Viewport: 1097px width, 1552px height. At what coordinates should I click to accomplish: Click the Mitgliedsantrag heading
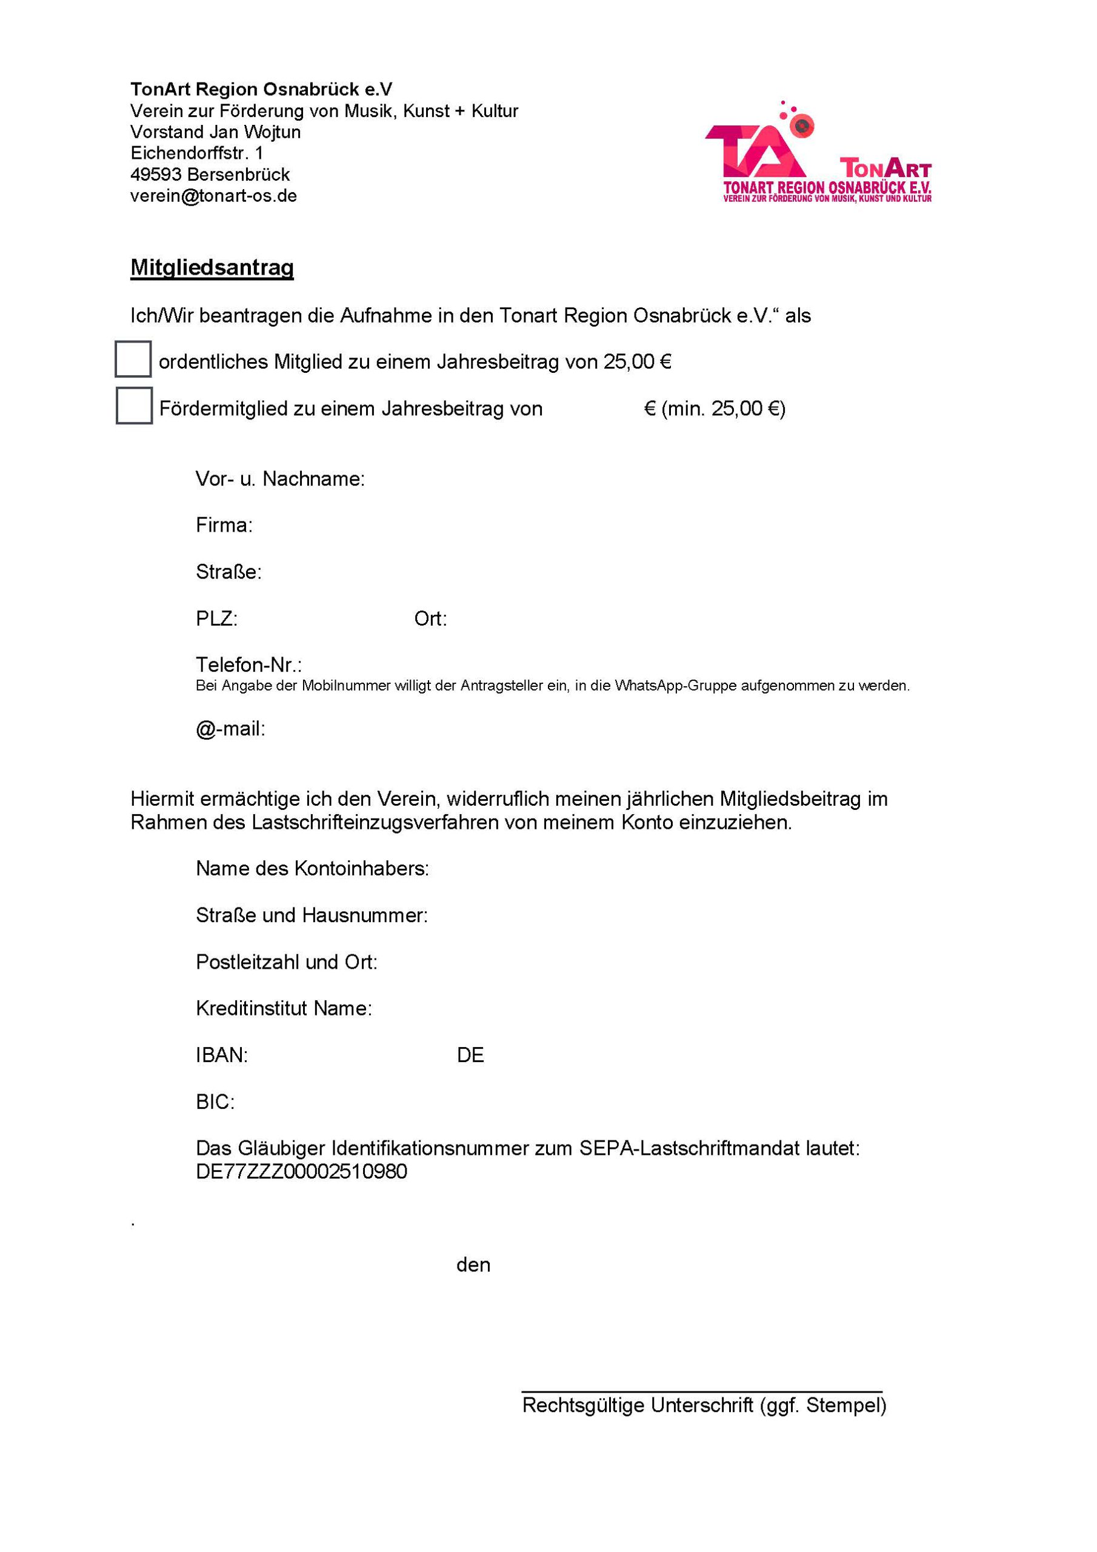212,268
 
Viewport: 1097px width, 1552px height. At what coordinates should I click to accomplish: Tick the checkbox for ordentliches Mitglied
133,359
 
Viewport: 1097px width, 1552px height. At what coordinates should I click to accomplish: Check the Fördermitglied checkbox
134,406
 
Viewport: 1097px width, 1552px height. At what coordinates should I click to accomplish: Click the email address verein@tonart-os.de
213,196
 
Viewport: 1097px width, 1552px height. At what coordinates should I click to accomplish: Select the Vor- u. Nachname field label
280,480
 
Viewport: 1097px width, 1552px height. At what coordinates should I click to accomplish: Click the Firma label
224,525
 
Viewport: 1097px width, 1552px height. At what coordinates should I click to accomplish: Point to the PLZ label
216,618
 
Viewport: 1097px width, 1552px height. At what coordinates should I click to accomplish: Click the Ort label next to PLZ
430,618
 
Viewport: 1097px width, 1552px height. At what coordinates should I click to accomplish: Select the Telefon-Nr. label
248,664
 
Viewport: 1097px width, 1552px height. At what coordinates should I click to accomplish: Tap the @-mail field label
230,729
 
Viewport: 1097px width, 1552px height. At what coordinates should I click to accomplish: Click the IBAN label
222,1055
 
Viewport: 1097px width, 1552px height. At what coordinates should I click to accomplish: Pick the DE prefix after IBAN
470,1055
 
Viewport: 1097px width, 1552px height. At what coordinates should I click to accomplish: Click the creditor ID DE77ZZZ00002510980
301,1171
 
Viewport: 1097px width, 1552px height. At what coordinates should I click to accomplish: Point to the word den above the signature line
473,1265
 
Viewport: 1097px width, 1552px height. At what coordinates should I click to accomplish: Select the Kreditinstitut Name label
284,1009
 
